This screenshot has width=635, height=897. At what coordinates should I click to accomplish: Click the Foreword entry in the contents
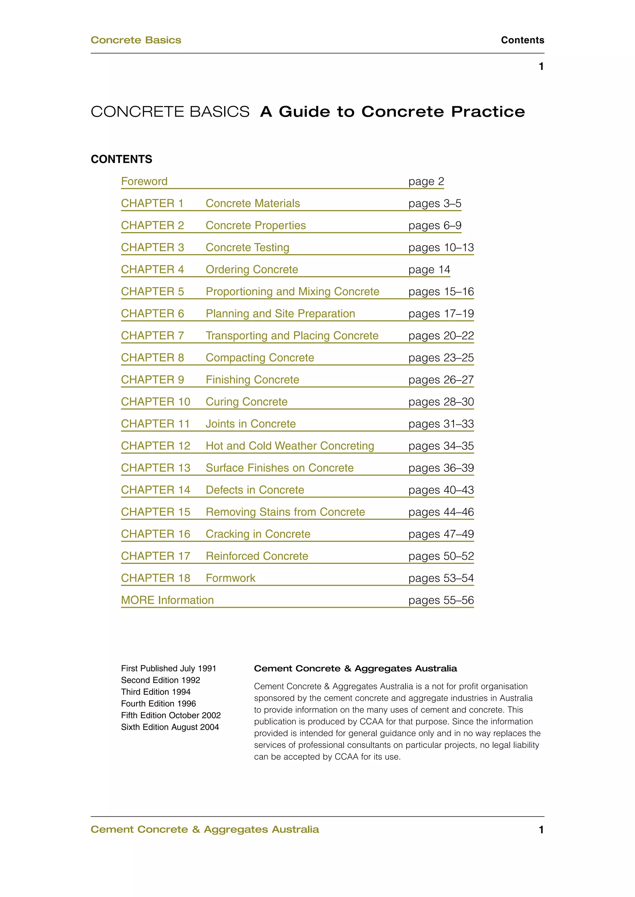coord(144,181)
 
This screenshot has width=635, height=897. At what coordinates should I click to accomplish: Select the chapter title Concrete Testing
coord(247,247)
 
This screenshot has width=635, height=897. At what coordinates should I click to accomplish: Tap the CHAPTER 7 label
coord(152,336)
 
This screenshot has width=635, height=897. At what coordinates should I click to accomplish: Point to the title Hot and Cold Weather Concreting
coord(290,446)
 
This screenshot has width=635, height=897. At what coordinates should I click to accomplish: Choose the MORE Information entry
coord(167,600)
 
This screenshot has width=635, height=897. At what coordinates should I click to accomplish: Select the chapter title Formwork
coord(230,578)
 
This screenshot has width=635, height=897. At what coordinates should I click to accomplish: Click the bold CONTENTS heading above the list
coord(121,159)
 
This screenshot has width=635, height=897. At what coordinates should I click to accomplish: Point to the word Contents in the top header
coord(522,40)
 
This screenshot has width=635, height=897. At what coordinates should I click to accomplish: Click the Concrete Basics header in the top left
coord(136,40)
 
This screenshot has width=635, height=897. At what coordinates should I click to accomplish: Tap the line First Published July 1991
coord(169,668)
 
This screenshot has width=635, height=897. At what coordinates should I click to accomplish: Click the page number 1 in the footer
coord(541,830)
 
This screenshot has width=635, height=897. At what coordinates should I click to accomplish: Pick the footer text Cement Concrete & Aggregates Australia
coord(205,830)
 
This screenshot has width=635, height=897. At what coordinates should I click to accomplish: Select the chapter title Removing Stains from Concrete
coord(285,512)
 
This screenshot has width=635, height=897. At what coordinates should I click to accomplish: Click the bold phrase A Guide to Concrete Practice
coord(392,112)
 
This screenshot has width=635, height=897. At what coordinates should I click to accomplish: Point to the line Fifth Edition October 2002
coord(171,715)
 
